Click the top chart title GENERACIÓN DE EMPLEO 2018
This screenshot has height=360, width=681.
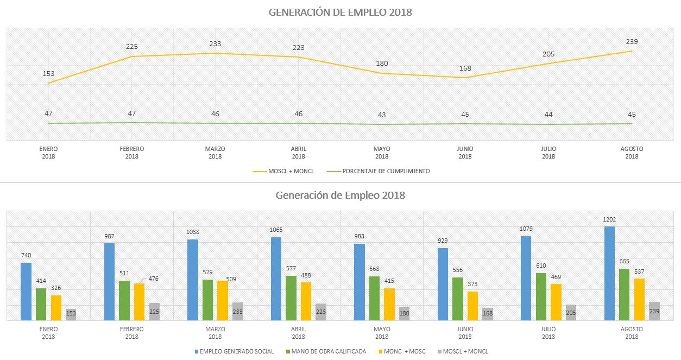340,12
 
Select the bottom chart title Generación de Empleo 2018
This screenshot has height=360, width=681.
340,195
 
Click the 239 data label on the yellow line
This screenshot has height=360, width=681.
632,41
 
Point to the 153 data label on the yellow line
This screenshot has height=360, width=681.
48,74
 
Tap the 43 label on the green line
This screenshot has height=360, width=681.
382,115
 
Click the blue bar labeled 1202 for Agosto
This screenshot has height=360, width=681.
610,274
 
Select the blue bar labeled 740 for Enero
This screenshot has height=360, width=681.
26,292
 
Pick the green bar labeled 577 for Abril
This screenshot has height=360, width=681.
291,298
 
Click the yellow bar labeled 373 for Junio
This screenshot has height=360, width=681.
458,306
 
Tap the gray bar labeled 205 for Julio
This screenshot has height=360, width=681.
571,313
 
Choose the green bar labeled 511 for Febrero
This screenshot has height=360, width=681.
124,300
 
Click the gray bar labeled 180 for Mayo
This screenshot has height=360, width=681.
404,314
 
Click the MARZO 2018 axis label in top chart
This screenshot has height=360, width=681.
215,153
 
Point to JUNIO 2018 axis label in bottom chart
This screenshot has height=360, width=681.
465,333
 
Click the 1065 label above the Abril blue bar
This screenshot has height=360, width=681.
276,230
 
